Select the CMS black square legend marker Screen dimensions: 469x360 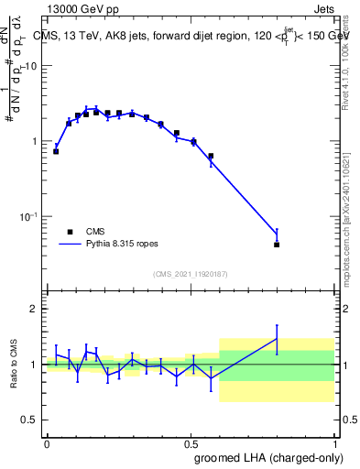tap(69, 232)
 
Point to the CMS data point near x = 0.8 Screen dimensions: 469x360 tap(277, 245)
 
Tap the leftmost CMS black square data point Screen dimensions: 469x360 tap(56, 151)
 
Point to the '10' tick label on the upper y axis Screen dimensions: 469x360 tap(31, 66)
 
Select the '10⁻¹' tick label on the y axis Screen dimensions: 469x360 tap(29, 216)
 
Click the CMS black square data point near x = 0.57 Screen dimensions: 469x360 tap(211, 156)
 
